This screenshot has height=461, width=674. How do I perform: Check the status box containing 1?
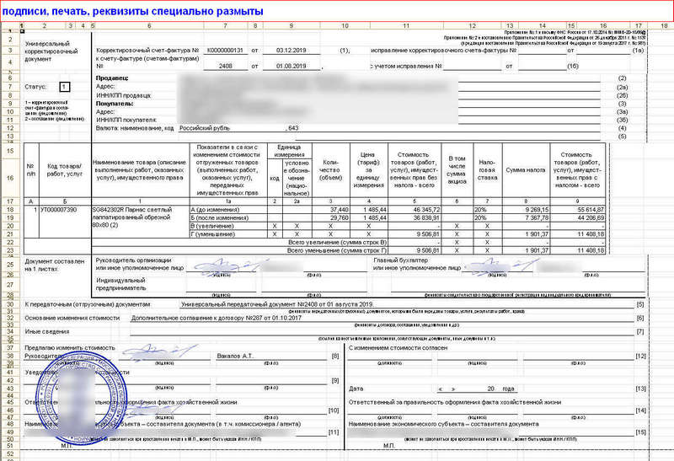pos(65,87)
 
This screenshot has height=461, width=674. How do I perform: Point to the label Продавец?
pos(113,78)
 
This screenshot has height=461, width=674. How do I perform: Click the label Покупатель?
pos(115,104)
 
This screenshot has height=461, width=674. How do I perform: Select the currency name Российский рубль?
pos(200,128)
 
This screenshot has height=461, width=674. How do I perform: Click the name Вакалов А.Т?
pos(234,357)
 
